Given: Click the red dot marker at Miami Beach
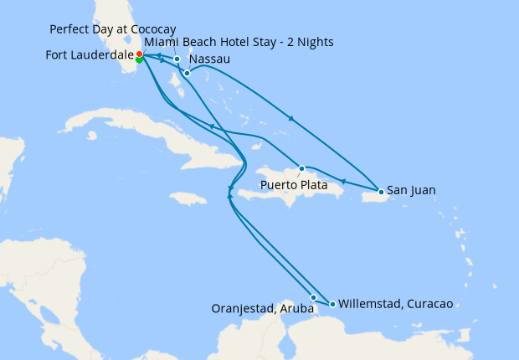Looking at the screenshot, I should [139, 54].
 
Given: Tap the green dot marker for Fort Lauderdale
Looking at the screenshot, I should [138, 59].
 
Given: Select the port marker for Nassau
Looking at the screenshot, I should [187, 73].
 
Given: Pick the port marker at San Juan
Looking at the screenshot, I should [381, 192].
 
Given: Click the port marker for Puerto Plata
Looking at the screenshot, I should [301, 168].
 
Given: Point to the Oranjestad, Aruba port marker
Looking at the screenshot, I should [313, 297].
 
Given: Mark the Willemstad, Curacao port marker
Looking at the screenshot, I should [332, 304].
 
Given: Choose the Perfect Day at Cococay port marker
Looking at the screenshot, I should [177, 59].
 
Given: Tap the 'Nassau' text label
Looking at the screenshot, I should [210, 60].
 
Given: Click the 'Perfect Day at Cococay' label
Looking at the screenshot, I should [112, 28].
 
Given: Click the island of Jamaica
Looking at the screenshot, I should [188, 198].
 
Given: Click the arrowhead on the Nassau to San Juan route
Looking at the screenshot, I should [291, 119].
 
